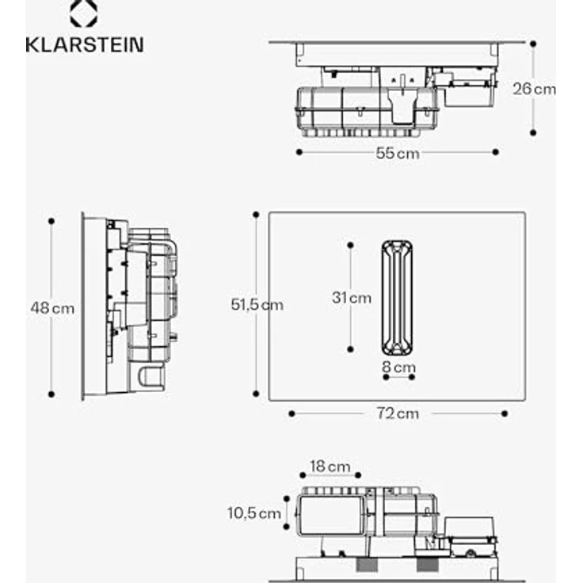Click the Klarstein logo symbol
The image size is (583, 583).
point(83,14)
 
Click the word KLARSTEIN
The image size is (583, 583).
point(84,44)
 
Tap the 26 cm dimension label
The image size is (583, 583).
point(534,89)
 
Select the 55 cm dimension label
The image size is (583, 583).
point(398,153)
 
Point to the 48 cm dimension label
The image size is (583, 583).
point(52,307)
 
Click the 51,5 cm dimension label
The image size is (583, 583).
point(257,304)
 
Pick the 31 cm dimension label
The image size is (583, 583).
point(351,298)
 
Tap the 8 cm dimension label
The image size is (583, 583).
point(398,367)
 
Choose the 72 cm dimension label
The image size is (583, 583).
point(398,413)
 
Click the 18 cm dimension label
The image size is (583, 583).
point(329,467)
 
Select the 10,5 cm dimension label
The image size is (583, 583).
point(253,513)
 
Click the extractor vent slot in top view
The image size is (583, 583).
point(397,297)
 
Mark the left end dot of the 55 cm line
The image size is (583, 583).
point(299,151)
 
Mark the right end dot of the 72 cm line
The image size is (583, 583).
point(505,413)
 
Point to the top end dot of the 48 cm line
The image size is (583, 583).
point(51,221)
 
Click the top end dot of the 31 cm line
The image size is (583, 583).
point(350,245)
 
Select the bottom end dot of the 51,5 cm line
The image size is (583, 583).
point(256,393)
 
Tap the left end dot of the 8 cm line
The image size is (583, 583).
point(385,377)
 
